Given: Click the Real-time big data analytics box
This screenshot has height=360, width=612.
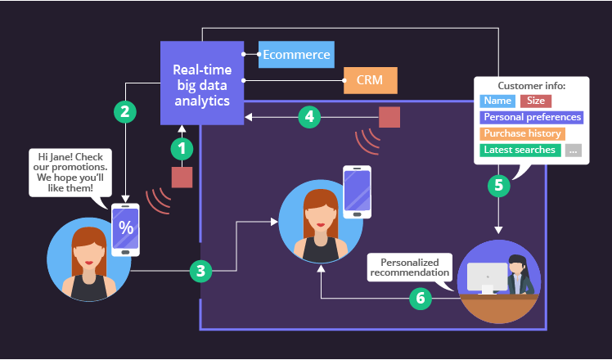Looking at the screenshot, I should [x=202, y=83].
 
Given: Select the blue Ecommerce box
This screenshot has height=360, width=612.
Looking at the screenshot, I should [x=296, y=55].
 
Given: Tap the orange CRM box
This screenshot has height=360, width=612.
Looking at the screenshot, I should [x=370, y=80].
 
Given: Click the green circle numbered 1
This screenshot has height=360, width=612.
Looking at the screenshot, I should [x=182, y=149].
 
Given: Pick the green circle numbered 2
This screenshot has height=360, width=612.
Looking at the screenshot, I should [x=124, y=111].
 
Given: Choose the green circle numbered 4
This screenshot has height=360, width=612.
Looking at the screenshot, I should [x=308, y=117].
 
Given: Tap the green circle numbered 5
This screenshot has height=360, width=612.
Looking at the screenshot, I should [x=498, y=185].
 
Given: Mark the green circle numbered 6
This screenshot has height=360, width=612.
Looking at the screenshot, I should [x=421, y=298].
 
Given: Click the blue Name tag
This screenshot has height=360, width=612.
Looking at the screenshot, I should [x=497, y=101].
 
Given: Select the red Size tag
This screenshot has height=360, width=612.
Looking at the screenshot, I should [x=536, y=101].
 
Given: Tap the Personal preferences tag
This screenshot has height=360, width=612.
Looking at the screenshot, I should [x=531, y=117].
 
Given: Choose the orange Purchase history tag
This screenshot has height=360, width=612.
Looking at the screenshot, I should [x=522, y=133].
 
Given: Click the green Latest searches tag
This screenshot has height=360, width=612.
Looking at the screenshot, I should [x=520, y=150].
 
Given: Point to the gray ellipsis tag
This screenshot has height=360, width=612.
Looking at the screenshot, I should [x=573, y=150].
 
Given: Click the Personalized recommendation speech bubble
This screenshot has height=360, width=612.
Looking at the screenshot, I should [x=409, y=267].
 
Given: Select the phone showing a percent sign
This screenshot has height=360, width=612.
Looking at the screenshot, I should [x=126, y=228].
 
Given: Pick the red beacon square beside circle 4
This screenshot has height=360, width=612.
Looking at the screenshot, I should [x=389, y=117].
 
